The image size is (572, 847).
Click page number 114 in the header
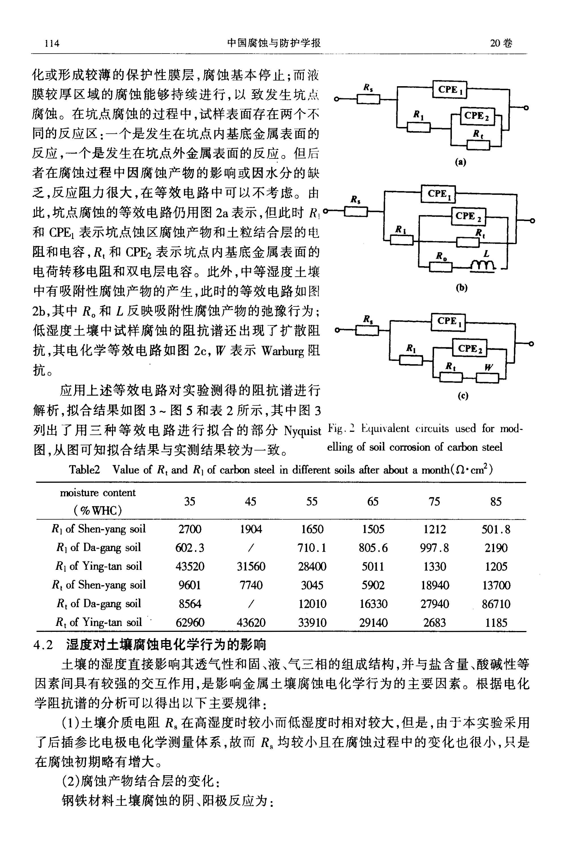[x=52, y=43]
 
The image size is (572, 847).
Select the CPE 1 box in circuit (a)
[x=450, y=90]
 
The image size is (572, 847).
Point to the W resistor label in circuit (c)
[x=488, y=367]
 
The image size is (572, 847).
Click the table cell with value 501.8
[x=496, y=529]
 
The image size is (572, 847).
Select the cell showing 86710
[x=496, y=604]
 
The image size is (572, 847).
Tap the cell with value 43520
[x=190, y=566]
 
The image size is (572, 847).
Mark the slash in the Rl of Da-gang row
[x=251, y=547]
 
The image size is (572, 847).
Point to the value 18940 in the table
[x=434, y=585]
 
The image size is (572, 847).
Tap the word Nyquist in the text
[x=302, y=431]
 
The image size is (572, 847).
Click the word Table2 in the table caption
[x=84, y=469]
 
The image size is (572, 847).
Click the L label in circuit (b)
[x=486, y=254]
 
